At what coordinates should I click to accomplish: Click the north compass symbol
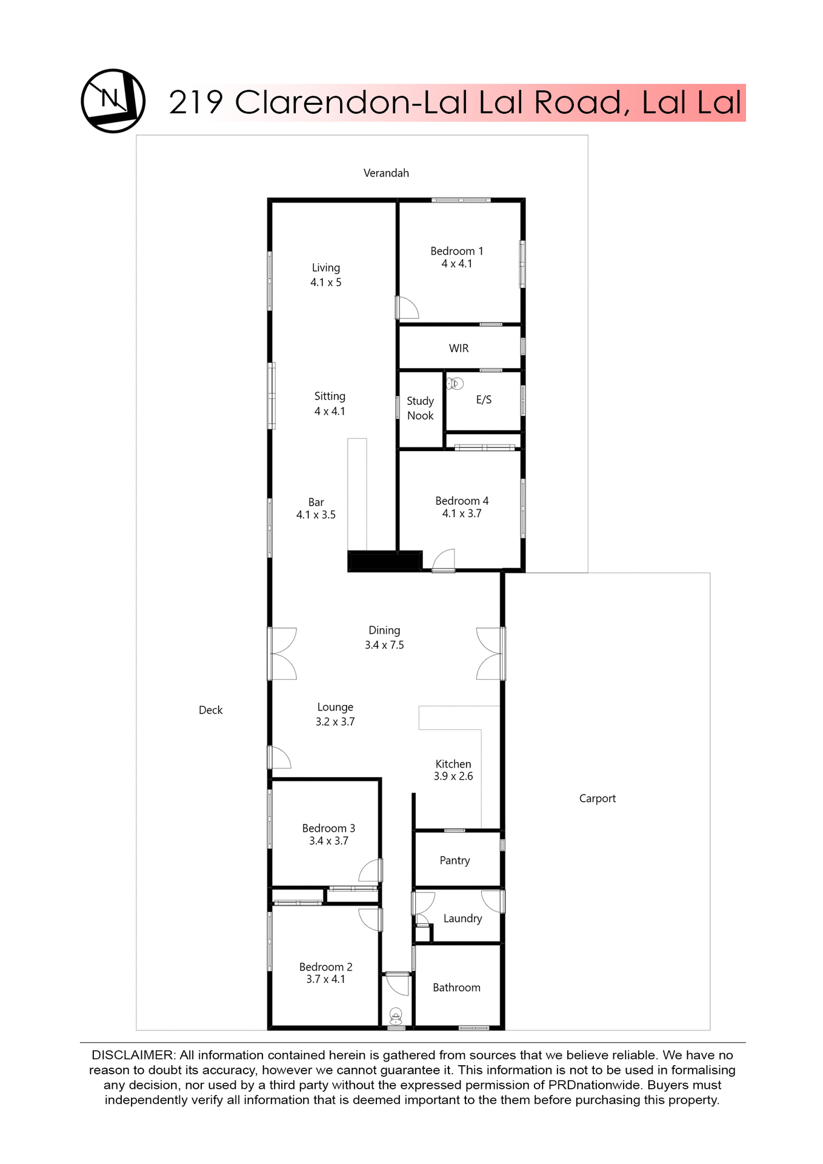click(x=113, y=101)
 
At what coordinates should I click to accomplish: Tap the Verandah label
click(x=386, y=173)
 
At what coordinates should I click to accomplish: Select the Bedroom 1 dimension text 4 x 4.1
click(x=456, y=264)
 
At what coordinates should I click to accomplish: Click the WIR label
click(x=459, y=349)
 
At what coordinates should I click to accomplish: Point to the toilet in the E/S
click(x=455, y=383)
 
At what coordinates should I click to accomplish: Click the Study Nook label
click(x=420, y=409)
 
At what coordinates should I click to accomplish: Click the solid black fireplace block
click(x=384, y=561)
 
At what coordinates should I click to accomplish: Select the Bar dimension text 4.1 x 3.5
click(x=316, y=515)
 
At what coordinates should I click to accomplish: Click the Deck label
click(x=211, y=711)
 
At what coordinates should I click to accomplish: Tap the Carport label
click(x=597, y=799)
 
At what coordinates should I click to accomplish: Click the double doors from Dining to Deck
click(x=282, y=654)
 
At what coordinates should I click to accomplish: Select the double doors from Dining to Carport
click(x=490, y=654)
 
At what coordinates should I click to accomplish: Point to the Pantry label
click(x=455, y=861)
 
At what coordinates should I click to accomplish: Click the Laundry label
click(x=462, y=919)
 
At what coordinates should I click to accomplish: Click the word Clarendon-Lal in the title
click(x=351, y=102)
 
